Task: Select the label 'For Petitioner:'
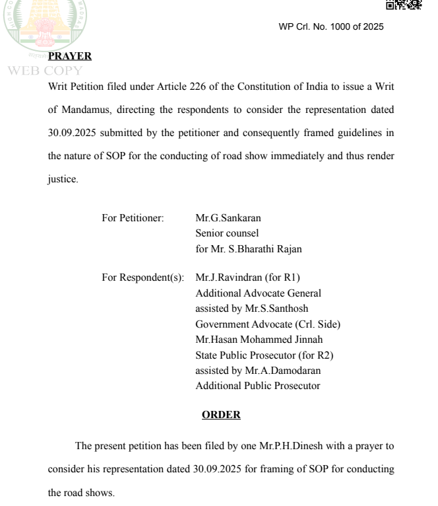(133, 218)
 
